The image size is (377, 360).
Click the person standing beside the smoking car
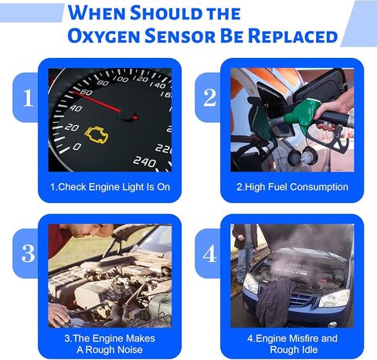pyautogui.click(x=245, y=247)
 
